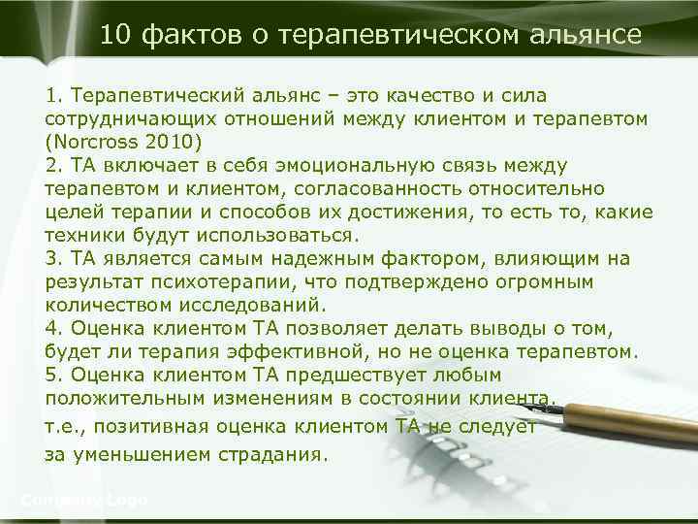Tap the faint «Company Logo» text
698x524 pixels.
(x=83, y=500)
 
